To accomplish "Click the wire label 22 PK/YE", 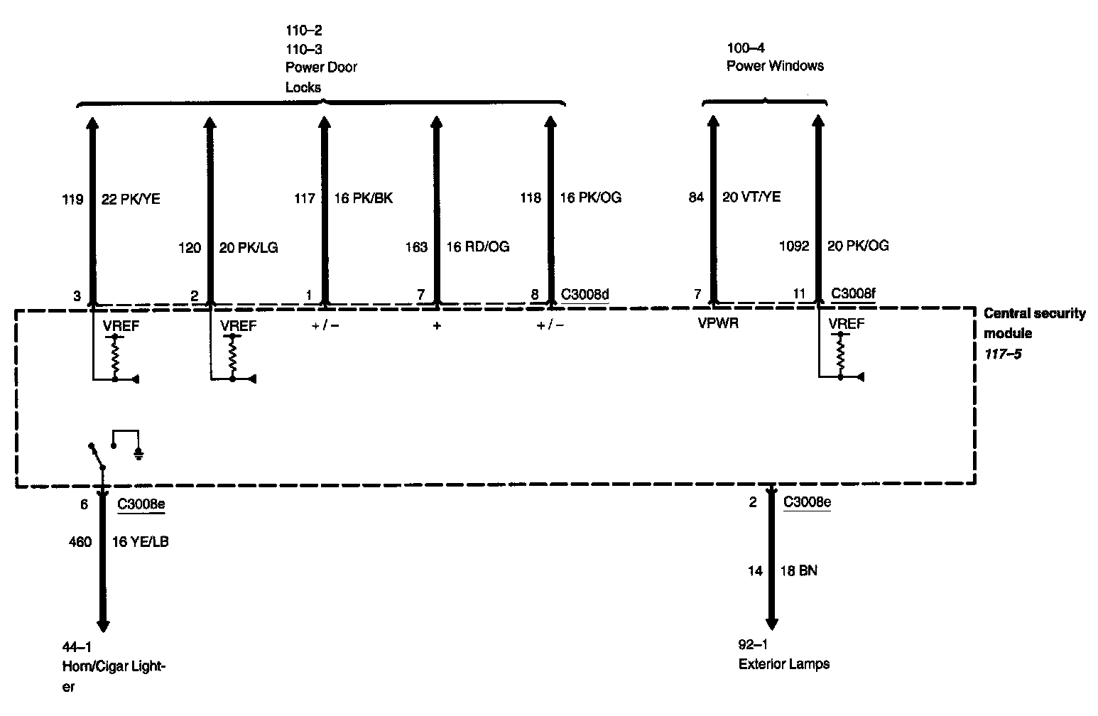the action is [x=131, y=199].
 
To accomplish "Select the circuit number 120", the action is [x=190, y=248].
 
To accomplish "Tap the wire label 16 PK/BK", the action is [x=363, y=198].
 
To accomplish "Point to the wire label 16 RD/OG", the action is [x=477, y=246].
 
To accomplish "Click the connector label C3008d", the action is [x=585, y=294].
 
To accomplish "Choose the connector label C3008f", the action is [x=853, y=293].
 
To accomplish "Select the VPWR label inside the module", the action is [x=718, y=323].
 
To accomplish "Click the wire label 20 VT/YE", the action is [x=751, y=197].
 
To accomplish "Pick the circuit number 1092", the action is [x=794, y=246].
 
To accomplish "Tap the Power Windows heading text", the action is [x=775, y=66].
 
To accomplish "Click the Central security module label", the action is [x=1034, y=323].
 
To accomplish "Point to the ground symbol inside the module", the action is [x=138, y=455].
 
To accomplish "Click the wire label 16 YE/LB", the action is [x=140, y=542].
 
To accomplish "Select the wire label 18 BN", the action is [x=798, y=571].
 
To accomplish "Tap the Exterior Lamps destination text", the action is [x=784, y=664].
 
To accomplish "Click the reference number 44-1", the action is [x=77, y=647].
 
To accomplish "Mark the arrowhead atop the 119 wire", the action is [x=92, y=123].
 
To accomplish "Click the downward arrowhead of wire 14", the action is [x=771, y=624].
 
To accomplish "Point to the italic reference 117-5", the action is [x=1003, y=354].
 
